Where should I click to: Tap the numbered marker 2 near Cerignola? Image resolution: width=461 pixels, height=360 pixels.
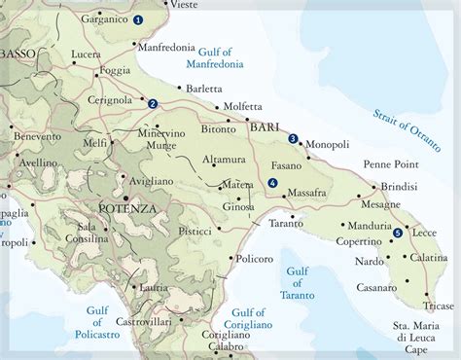click(153, 103)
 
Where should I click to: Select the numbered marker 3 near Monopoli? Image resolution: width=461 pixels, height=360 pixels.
click(293, 138)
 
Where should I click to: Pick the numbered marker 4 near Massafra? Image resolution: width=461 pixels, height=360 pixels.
click(272, 183)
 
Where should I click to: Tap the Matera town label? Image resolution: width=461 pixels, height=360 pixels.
click(238, 182)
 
